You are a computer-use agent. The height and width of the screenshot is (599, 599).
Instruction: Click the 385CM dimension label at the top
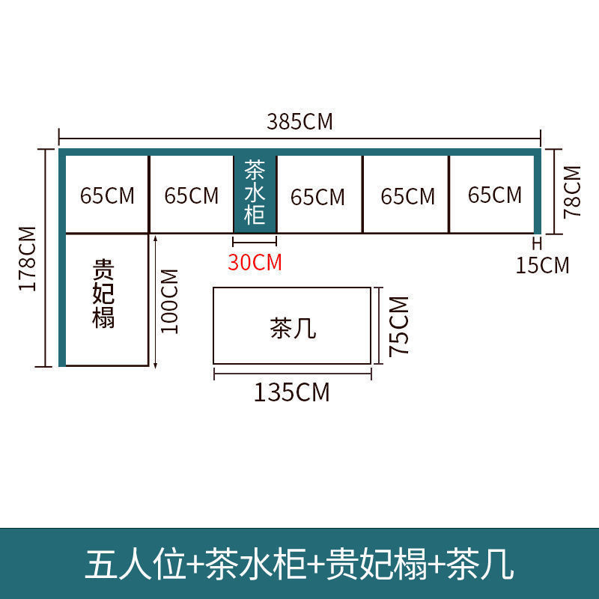(299, 121)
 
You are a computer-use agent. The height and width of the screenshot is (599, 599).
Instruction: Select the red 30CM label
(255, 263)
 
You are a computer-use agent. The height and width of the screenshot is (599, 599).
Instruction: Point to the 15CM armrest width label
(542, 264)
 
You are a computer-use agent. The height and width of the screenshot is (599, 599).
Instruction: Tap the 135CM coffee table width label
(291, 392)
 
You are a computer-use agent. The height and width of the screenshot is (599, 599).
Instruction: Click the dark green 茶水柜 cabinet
(255, 194)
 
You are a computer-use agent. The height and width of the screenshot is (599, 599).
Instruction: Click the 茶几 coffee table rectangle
(293, 326)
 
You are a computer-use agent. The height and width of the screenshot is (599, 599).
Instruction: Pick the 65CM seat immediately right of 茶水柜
(319, 196)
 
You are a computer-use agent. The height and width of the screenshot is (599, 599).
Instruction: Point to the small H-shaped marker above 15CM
(536, 243)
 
